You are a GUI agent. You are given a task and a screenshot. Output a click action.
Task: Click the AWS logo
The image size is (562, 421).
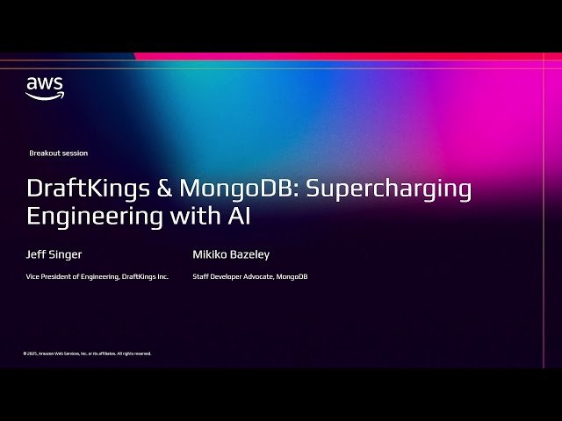(44, 88)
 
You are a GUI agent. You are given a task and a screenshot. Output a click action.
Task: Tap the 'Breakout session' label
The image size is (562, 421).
(59, 153)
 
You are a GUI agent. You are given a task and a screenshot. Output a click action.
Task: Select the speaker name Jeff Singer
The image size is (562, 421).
(53, 255)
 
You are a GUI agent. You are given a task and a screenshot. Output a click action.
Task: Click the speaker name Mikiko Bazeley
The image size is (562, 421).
(231, 255)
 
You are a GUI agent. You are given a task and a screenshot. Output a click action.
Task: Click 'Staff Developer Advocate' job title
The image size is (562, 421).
(232, 277)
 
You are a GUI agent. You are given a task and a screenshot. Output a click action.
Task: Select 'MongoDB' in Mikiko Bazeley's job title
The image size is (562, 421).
(292, 277)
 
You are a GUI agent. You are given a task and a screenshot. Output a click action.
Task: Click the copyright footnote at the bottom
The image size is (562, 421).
(87, 353)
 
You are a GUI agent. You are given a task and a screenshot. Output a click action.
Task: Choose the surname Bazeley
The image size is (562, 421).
(250, 255)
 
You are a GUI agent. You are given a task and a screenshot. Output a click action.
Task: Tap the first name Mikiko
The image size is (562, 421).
(209, 255)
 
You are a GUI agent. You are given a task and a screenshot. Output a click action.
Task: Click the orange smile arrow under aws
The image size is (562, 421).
(44, 96)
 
